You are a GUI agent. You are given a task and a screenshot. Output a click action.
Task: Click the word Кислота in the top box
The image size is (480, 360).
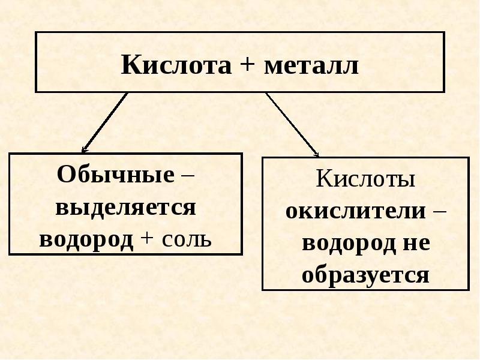[x=176, y=65]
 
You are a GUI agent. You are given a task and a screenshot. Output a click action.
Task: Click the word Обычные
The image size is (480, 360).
[x=115, y=174]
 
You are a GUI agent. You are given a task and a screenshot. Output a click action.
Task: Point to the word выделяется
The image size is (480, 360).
[x=125, y=208]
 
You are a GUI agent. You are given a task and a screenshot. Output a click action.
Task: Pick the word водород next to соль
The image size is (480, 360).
[x=86, y=239]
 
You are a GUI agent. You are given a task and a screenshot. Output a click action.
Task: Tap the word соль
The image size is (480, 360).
[x=187, y=239]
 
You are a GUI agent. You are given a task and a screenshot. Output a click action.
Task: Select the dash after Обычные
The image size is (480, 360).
[x=187, y=176]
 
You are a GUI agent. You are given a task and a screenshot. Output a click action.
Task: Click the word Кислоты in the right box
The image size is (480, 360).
[x=365, y=178]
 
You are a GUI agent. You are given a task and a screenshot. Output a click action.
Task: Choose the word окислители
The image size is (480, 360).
[x=356, y=211]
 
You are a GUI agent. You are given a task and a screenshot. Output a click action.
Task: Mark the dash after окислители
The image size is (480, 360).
[x=439, y=211]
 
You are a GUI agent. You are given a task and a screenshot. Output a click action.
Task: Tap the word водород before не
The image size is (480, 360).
[x=349, y=243]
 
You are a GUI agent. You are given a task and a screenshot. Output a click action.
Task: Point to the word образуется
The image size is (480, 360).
[x=365, y=275]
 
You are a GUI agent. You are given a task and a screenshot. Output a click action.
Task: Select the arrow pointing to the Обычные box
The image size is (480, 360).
[x=104, y=122]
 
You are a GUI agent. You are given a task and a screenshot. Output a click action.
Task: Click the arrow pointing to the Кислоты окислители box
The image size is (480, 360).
[x=292, y=124]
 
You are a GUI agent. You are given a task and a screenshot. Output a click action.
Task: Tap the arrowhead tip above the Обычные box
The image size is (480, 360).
[x=82, y=152]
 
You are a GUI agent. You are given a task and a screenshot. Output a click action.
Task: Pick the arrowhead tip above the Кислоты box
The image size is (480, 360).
[x=319, y=157]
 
